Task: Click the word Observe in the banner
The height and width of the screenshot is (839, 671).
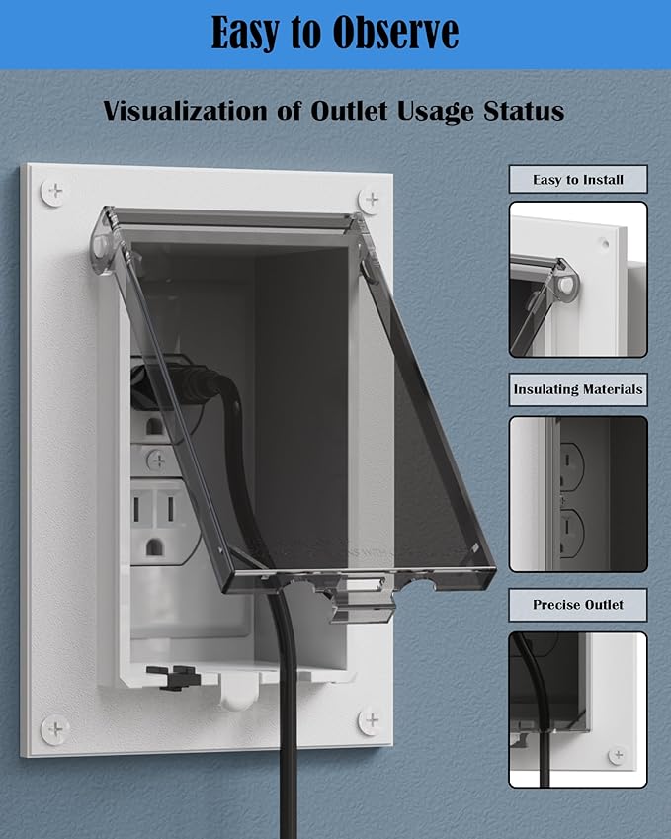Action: coord(395,33)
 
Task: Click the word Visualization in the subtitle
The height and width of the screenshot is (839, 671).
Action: coord(186,111)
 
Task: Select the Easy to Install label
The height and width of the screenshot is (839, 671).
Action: coord(578,179)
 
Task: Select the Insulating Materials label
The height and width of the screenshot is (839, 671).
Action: coord(578,389)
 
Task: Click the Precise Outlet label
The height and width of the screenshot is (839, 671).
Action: coord(578,605)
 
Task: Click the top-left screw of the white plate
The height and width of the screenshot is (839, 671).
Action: coord(54,192)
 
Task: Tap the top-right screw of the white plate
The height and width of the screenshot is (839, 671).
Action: coord(371,200)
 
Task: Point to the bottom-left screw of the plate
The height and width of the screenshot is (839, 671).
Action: coord(55,728)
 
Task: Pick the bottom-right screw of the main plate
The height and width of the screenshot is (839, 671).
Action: coord(371,720)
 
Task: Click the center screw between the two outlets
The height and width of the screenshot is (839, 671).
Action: coord(157,460)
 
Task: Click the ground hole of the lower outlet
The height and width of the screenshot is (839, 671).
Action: coord(154,546)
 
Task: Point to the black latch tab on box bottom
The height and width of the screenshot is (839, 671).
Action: coord(173,676)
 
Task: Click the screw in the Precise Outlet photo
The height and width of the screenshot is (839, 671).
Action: coord(618,756)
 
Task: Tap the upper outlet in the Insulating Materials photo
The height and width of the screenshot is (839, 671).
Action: coord(571,466)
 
